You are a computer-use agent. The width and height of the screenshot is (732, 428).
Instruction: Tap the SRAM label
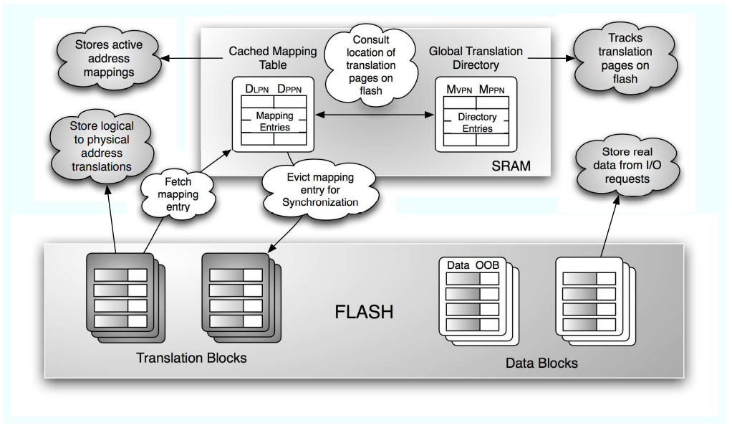[x=511, y=166]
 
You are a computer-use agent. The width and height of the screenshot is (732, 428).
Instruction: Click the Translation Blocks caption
[x=191, y=357]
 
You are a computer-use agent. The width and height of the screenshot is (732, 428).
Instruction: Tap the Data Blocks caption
[x=541, y=362]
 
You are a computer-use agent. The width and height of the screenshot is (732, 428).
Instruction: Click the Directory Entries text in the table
[x=476, y=123]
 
